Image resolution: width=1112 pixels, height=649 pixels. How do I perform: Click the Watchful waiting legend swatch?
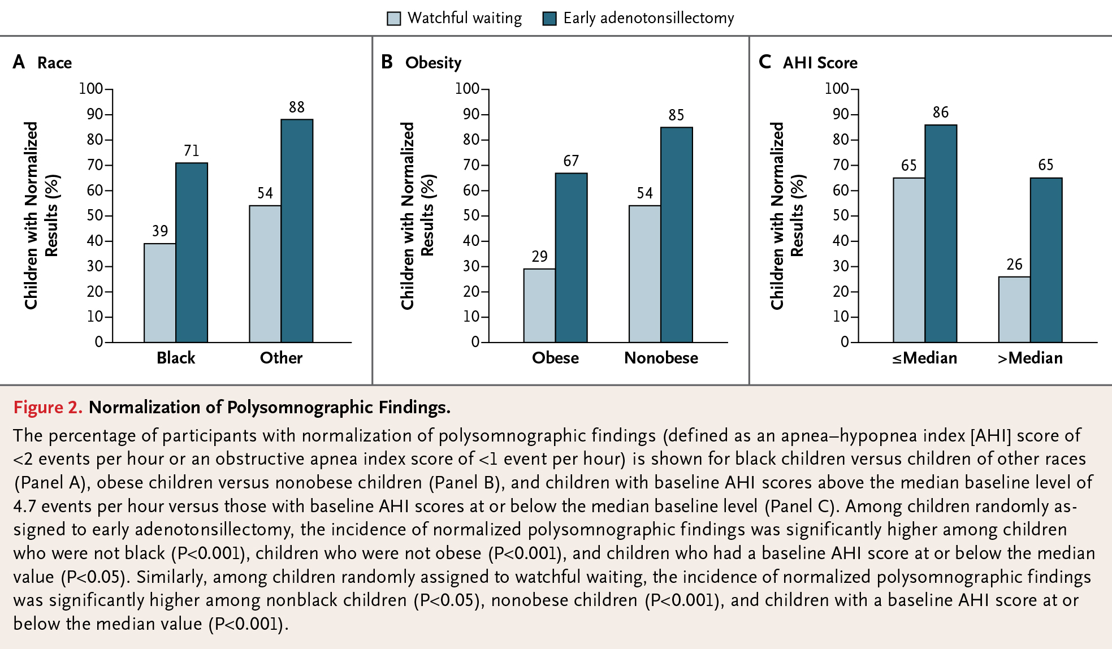pos(393,19)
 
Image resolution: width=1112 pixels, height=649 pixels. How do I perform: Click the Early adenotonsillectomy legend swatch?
pos(549,19)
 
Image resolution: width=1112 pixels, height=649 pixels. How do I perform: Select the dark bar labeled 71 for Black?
pos(192,253)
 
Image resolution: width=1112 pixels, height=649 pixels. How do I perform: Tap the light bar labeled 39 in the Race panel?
pos(160,293)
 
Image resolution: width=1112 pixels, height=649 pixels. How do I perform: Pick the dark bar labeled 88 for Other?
pos(297,231)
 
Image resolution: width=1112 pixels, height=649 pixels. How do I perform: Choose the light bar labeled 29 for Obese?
pos(539,306)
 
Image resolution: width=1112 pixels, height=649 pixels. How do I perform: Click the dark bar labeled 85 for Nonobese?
pos(677,235)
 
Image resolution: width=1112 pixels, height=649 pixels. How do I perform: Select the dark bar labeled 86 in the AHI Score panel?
pos(941,233)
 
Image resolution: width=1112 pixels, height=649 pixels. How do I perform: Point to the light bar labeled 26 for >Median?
pos(1014,310)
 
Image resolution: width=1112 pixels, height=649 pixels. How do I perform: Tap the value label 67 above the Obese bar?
pos(571,161)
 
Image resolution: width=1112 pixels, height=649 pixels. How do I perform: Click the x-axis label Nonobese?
pos(661,358)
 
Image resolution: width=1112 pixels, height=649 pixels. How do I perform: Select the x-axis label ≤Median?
pos(925,358)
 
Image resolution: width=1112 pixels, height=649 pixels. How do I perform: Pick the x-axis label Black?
pos(176,358)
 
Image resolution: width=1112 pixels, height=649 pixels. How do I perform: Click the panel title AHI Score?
pos(820,63)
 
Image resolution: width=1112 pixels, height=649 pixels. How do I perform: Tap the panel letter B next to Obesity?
pos(387,62)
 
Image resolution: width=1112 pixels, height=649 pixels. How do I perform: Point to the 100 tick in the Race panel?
pos(91,89)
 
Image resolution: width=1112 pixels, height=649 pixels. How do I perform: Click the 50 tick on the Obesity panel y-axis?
pos(471,215)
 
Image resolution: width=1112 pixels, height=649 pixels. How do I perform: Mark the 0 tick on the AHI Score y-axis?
pos(845,342)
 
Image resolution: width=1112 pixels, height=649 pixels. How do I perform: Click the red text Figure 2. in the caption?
pos(48,408)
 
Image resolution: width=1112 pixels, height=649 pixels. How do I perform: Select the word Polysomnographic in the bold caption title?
pos(300,408)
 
